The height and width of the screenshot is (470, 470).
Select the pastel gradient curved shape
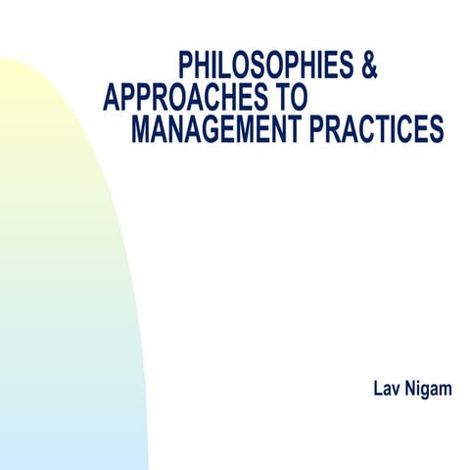coord(59,294)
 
